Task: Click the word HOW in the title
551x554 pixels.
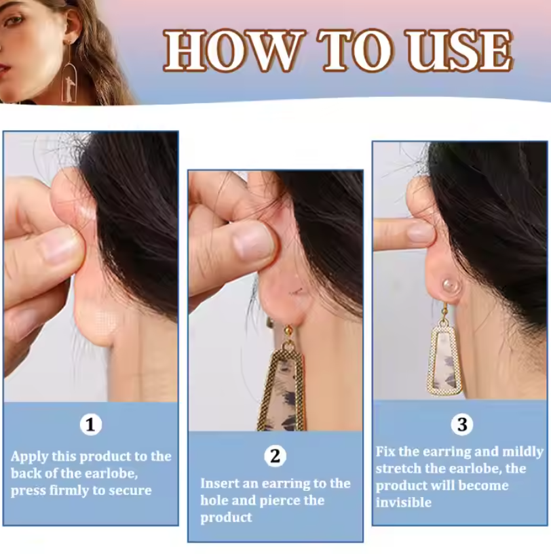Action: [x=231, y=51]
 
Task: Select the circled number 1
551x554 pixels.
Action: [x=91, y=425]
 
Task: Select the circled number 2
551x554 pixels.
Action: [x=275, y=456]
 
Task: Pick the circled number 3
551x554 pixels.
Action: [x=462, y=424]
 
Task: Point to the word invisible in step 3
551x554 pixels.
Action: [x=404, y=502]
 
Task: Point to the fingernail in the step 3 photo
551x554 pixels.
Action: [x=421, y=233]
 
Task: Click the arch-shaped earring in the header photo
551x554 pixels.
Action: [x=69, y=81]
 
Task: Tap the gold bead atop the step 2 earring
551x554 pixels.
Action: [x=288, y=331]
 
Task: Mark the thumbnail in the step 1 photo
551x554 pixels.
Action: [x=58, y=245]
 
